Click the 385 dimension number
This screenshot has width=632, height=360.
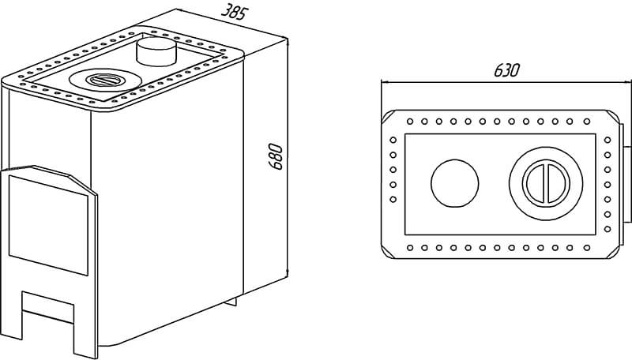tap(233, 11)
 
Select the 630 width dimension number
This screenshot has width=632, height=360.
tap(506, 70)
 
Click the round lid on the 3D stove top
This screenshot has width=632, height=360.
tap(106, 81)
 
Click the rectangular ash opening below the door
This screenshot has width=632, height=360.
tap(47, 306)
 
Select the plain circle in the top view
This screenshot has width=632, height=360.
tap(455, 183)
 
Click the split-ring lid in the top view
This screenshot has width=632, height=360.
tap(546, 183)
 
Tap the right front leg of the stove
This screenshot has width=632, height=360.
tap(85, 334)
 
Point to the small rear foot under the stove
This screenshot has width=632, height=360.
tap(231, 302)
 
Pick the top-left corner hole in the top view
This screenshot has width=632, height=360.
tap(410, 122)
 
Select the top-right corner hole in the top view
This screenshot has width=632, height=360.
tap(587, 122)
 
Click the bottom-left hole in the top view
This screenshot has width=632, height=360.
tap(410, 247)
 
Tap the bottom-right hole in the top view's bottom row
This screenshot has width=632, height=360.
tap(587, 247)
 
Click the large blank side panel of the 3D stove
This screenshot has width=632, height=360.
tap(167, 205)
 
